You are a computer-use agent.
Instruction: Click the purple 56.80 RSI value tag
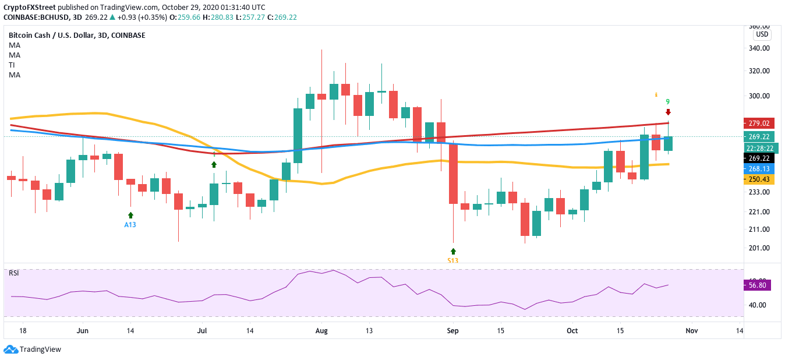(758, 285)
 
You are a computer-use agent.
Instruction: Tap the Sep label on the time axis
(453, 331)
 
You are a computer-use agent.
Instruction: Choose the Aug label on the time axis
(321, 331)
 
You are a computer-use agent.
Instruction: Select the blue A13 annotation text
(130, 225)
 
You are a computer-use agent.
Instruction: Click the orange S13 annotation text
(453, 260)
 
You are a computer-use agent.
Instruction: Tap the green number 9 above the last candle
(668, 101)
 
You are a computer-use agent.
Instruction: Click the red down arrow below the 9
(668, 112)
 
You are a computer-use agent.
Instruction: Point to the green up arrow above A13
(130, 215)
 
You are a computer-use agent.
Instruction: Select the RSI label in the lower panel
(14, 273)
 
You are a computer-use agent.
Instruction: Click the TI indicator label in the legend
(12, 65)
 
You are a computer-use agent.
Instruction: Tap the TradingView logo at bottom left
(33, 350)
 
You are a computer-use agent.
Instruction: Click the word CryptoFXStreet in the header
(30, 8)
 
